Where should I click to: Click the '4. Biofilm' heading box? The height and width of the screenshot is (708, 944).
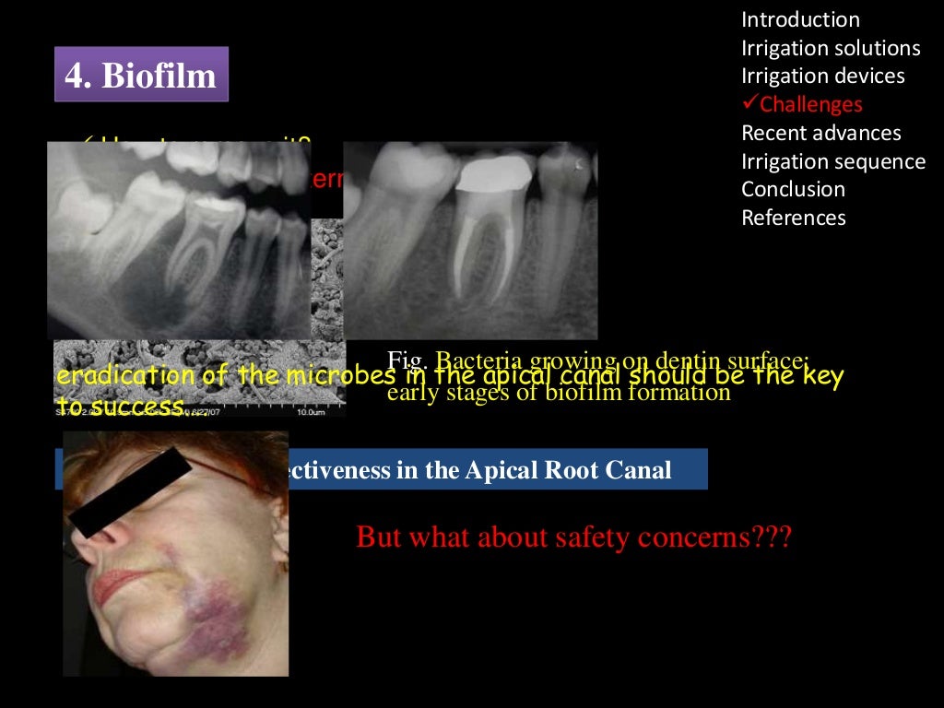click(141, 75)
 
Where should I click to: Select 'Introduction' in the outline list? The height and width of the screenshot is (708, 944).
click(800, 20)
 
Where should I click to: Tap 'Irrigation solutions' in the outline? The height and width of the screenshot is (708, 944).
click(831, 48)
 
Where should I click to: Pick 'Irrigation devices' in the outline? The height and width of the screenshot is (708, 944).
click(823, 77)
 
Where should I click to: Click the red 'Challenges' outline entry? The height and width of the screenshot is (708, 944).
click(811, 105)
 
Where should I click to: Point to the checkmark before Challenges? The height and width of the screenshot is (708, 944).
click(749, 104)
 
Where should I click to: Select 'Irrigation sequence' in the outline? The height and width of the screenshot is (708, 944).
click(833, 161)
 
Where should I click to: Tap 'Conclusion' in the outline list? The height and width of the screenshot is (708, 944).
click(793, 190)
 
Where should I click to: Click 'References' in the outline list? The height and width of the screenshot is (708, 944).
click(794, 218)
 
